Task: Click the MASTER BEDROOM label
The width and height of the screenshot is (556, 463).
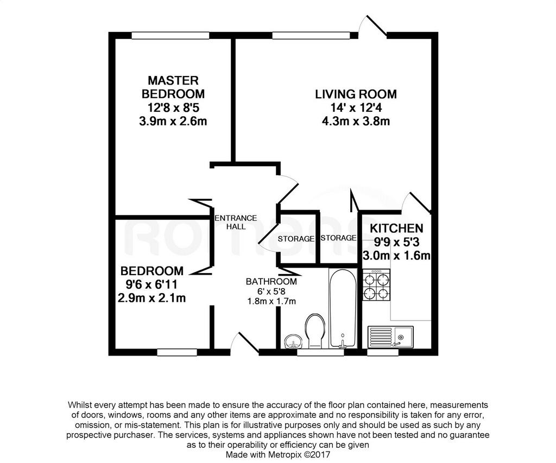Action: coord(173,87)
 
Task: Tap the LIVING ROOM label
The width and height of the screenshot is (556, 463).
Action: coord(356,94)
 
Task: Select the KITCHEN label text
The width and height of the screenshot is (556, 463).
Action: coord(396,228)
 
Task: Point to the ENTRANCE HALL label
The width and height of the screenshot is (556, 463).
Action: coord(236,222)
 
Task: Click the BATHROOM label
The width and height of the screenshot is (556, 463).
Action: coord(271,282)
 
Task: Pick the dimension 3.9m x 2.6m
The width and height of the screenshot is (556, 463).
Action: coord(173,121)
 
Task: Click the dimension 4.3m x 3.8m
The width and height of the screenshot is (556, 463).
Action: coord(356,121)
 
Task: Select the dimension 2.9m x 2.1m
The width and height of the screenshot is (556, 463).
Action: coord(152,298)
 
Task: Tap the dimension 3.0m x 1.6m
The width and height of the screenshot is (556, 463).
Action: coord(396,255)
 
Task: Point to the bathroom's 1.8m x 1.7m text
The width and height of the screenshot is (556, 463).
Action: coord(271,301)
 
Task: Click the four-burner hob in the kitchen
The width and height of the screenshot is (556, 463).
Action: coord(376,285)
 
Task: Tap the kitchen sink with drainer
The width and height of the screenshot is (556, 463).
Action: coord(390,336)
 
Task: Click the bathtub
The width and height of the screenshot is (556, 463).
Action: coord(342,308)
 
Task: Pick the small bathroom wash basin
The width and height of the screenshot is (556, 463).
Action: coord(294,341)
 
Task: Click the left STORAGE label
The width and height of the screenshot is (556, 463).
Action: coord(296,239)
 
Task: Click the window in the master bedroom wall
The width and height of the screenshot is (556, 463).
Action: coord(170,35)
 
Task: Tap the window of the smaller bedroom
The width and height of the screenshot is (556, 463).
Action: coord(178,352)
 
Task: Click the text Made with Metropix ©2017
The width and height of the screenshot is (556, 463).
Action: coord(278,454)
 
